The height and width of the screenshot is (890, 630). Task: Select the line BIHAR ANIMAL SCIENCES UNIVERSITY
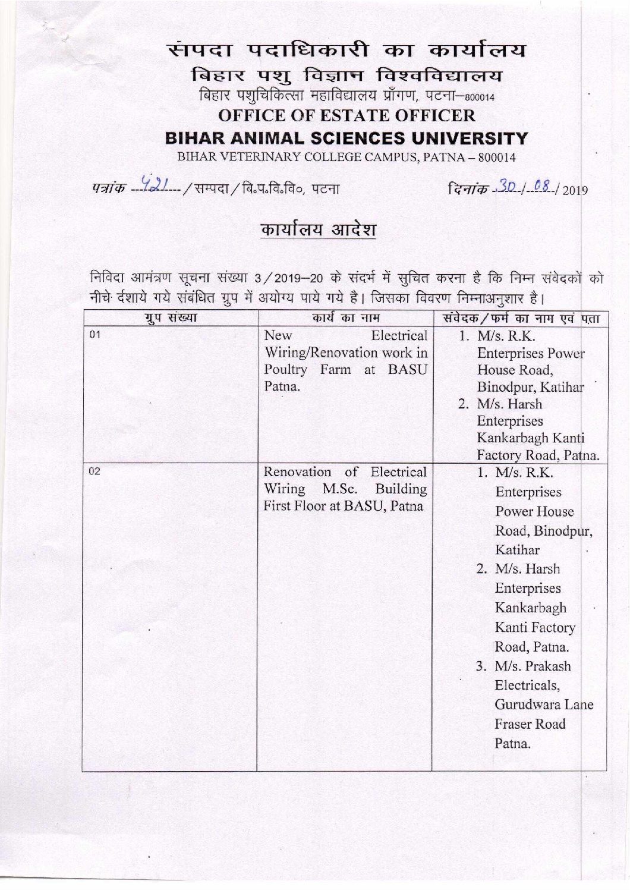point(346,138)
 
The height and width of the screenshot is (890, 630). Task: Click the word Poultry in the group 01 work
point(283,369)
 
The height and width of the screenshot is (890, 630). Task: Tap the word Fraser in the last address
point(512,724)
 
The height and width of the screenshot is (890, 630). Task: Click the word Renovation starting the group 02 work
point(298,472)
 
